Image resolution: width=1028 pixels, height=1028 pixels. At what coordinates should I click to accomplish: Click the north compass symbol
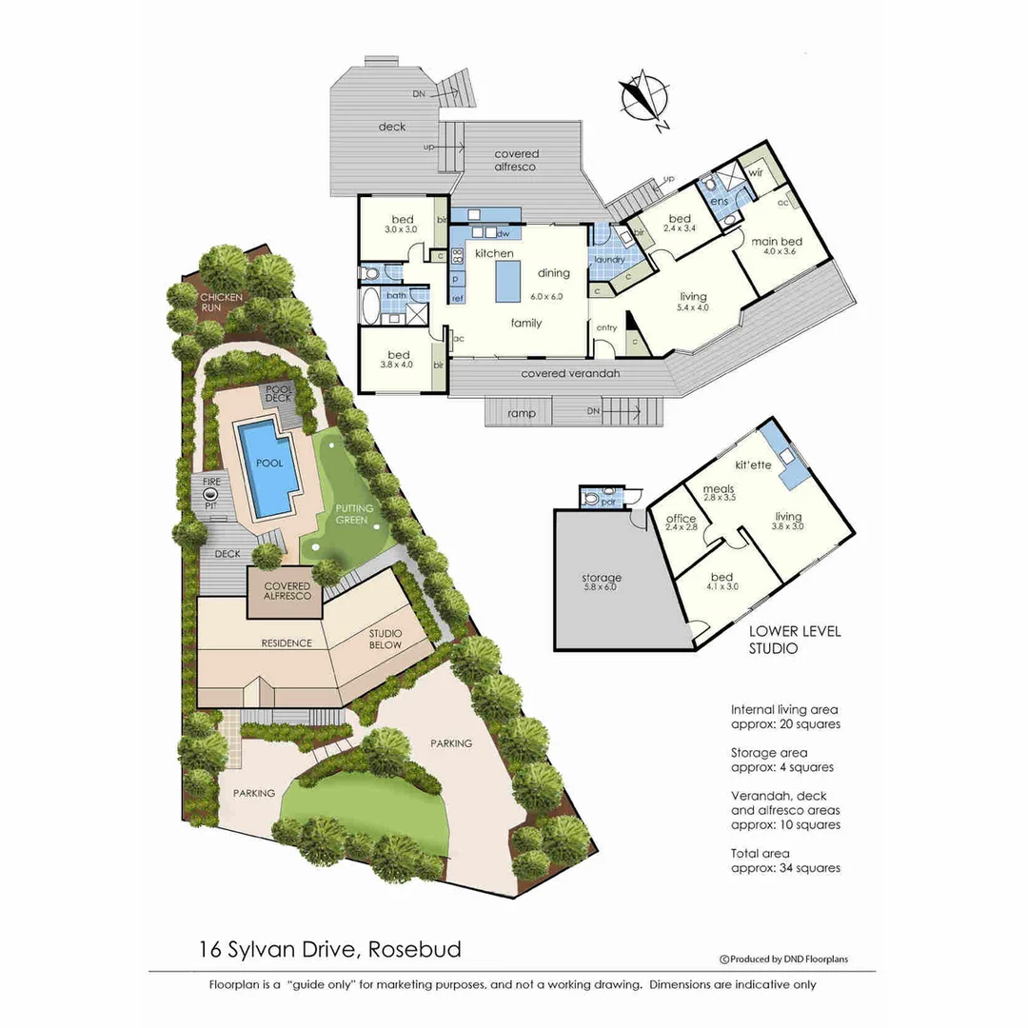(643, 98)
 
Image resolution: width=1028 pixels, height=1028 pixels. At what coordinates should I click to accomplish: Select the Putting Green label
(353, 515)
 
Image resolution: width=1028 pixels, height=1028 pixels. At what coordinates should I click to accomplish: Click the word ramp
(521, 413)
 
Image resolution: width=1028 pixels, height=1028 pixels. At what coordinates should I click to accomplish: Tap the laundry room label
(608, 260)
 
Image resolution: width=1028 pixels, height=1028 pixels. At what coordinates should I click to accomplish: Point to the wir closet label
(756, 174)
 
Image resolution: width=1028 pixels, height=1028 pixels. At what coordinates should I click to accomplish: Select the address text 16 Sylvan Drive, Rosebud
(330, 949)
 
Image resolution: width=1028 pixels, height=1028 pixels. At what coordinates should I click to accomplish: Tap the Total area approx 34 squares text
(785, 860)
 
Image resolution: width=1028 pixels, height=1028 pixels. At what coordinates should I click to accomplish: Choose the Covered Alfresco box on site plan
(287, 589)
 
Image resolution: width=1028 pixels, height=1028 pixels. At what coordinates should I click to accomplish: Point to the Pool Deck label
(280, 394)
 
